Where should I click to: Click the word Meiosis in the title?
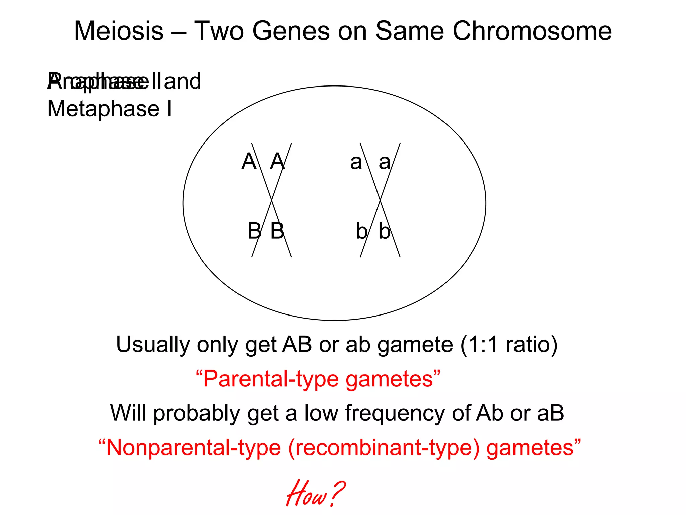pos(119,31)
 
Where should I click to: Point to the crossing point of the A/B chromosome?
pos(271,201)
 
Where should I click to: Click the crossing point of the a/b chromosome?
pos(380,201)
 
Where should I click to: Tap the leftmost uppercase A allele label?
pos(249,161)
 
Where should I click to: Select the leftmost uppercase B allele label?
pos(254,231)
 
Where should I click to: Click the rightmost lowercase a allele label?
pos(385,162)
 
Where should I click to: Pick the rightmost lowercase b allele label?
pos(385,231)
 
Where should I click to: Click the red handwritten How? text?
pos(315,494)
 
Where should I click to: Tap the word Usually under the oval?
pos(152,345)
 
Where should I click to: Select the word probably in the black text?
pos(197,413)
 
